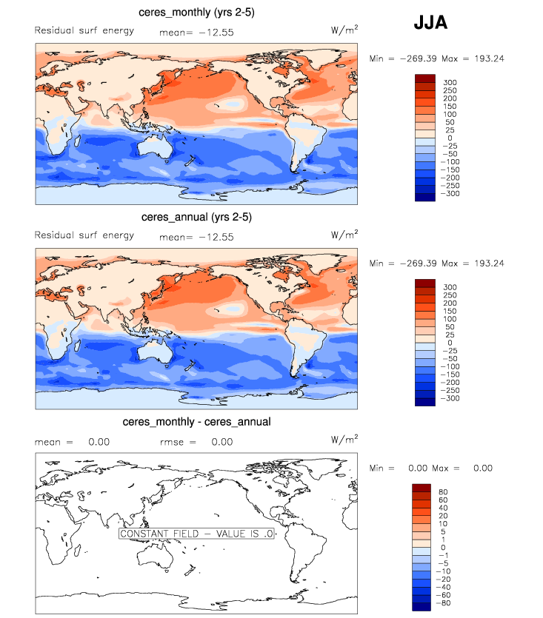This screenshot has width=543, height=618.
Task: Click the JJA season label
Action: [430, 23]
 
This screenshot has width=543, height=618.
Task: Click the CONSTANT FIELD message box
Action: [197, 533]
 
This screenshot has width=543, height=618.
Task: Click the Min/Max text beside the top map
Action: [437, 58]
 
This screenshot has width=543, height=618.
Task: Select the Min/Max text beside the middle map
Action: [437, 263]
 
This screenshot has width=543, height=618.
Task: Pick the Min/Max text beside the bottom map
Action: [430, 468]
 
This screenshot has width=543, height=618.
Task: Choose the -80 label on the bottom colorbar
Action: [444, 603]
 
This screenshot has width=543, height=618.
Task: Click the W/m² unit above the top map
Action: [344, 30]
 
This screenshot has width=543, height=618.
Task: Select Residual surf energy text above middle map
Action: [84, 235]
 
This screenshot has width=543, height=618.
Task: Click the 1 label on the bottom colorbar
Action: [442, 539]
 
